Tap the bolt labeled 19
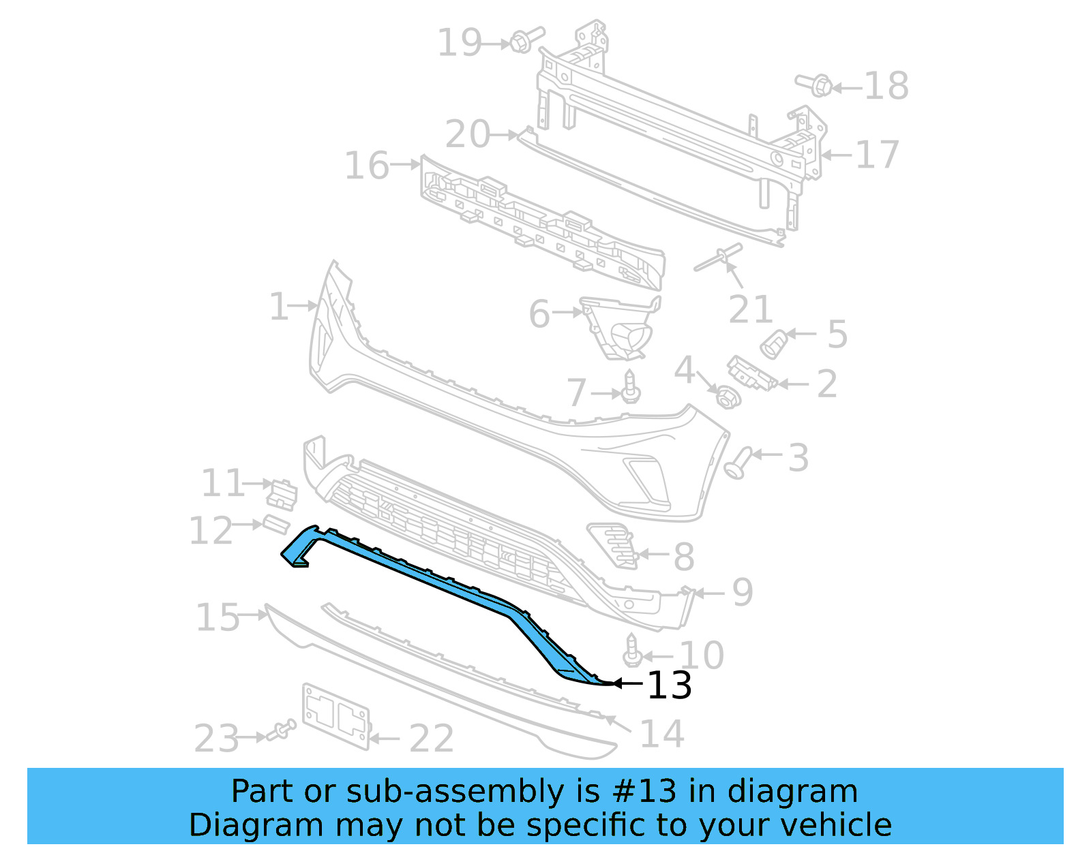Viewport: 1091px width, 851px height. tap(524, 40)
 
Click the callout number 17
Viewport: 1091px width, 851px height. tap(877, 155)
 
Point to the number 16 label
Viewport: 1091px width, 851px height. tap(367, 166)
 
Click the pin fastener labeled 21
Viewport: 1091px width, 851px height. tap(719, 258)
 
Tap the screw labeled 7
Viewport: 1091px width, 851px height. tap(631, 388)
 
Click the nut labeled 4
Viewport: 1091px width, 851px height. tap(727, 397)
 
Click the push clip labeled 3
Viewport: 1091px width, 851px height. tap(739, 463)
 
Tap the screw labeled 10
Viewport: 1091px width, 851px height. tap(632, 651)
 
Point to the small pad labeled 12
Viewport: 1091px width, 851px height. tap(276, 525)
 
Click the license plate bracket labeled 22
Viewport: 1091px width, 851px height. tap(335, 715)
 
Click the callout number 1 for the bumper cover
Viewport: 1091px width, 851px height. tap(279, 307)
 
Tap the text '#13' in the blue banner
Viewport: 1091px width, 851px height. tap(644, 792)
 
